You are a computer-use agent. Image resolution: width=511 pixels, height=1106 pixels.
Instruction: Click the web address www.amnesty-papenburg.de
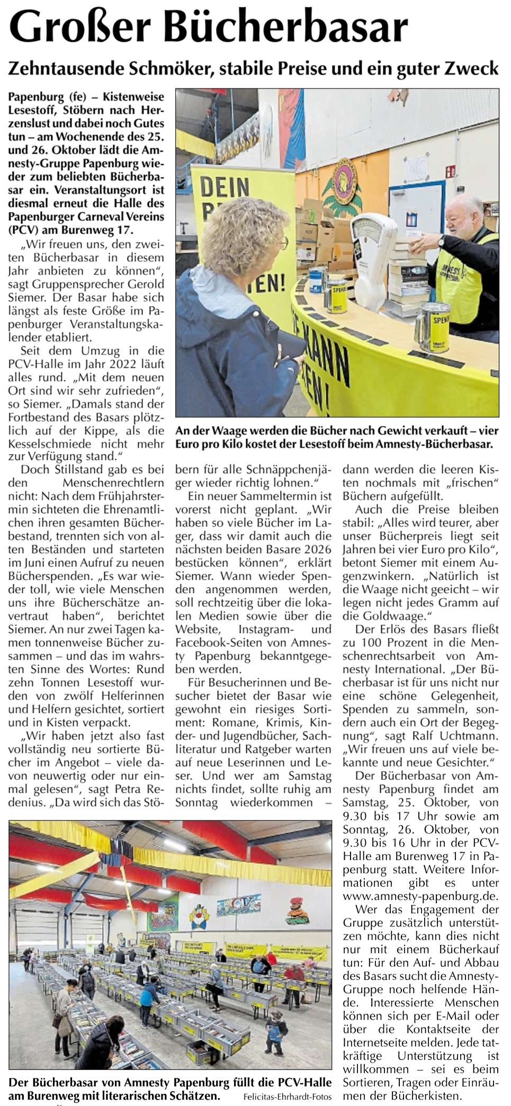pyautogui.click(x=420, y=896)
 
